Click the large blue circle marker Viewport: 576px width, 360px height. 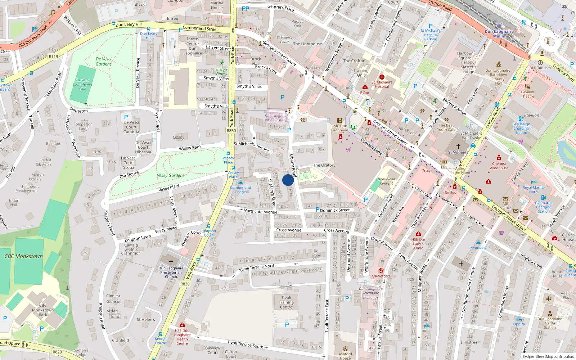288,180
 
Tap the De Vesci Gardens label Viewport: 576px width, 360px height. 104,61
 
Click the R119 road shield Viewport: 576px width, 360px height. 53,56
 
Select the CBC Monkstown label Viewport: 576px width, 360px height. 24,256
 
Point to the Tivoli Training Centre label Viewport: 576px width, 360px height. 286,302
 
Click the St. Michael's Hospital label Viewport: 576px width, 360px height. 382,84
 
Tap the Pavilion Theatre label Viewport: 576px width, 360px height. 527,94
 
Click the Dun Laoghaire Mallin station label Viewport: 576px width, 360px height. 499,33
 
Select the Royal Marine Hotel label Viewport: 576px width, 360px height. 534,190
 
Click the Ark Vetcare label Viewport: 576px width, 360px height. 381,276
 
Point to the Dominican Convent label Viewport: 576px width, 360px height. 386,181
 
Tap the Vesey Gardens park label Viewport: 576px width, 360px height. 171,175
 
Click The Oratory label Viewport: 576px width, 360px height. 324,165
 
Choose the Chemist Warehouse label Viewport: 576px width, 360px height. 499,166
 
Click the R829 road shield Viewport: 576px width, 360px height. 57,352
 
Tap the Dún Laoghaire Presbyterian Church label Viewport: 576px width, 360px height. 171,272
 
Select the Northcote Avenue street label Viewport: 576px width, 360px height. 260,211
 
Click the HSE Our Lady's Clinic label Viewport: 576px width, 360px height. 418,244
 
